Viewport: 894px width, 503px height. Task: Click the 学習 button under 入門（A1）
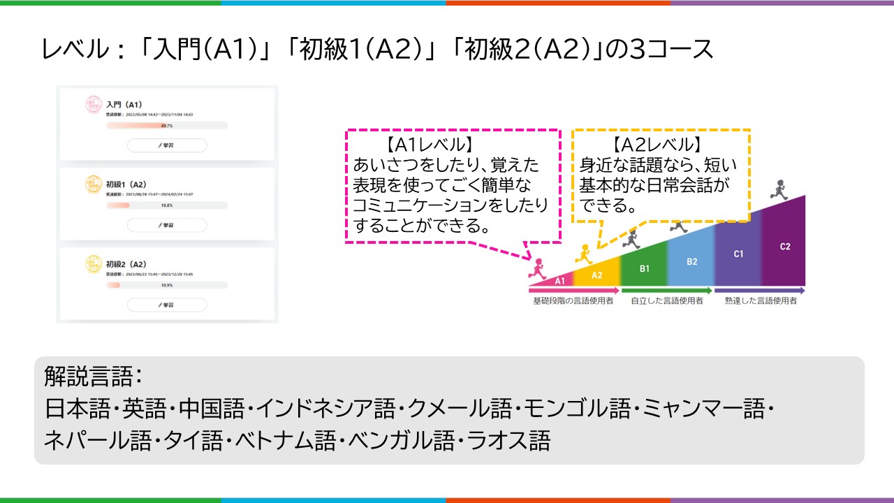tap(167, 145)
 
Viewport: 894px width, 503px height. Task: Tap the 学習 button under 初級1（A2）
tap(167, 225)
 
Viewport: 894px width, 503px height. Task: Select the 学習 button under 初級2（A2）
tap(167, 305)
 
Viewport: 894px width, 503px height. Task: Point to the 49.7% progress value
tap(167, 126)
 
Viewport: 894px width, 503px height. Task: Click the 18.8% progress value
tap(167, 205)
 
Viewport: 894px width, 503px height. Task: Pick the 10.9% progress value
tap(167, 285)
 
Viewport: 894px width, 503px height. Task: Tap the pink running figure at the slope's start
tap(537, 267)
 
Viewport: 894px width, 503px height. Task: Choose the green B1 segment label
tap(645, 268)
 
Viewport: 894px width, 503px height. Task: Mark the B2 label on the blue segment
tap(691, 262)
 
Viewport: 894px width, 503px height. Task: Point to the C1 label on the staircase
tap(738, 254)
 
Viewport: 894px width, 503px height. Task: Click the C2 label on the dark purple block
tap(784, 247)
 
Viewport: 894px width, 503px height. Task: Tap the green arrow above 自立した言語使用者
tap(666, 290)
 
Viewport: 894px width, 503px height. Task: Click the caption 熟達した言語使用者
tap(761, 301)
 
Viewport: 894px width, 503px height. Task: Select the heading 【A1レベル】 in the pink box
tap(430, 145)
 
